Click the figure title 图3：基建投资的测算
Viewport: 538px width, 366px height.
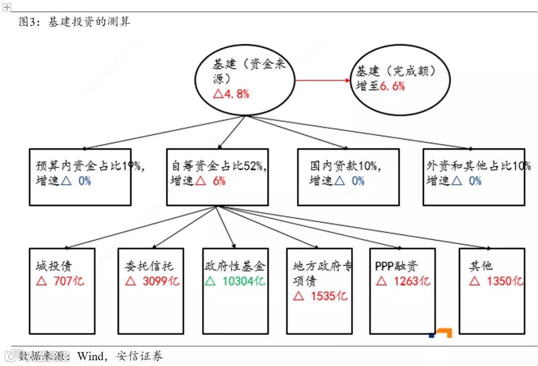(x=75, y=22)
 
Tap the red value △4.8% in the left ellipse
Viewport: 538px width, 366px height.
(x=231, y=94)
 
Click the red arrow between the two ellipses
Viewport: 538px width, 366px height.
(x=322, y=80)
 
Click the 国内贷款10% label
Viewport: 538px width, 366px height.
(x=344, y=166)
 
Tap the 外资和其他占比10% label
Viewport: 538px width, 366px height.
(x=477, y=166)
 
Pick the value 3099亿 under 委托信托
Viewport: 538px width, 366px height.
(x=160, y=281)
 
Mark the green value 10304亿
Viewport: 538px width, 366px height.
(x=243, y=281)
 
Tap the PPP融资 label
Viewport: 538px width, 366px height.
(x=397, y=266)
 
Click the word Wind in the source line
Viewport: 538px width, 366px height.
(x=91, y=356)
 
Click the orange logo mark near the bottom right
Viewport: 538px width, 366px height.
(x=442, y=332)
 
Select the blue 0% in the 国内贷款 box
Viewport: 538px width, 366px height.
(x=358, y=181)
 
